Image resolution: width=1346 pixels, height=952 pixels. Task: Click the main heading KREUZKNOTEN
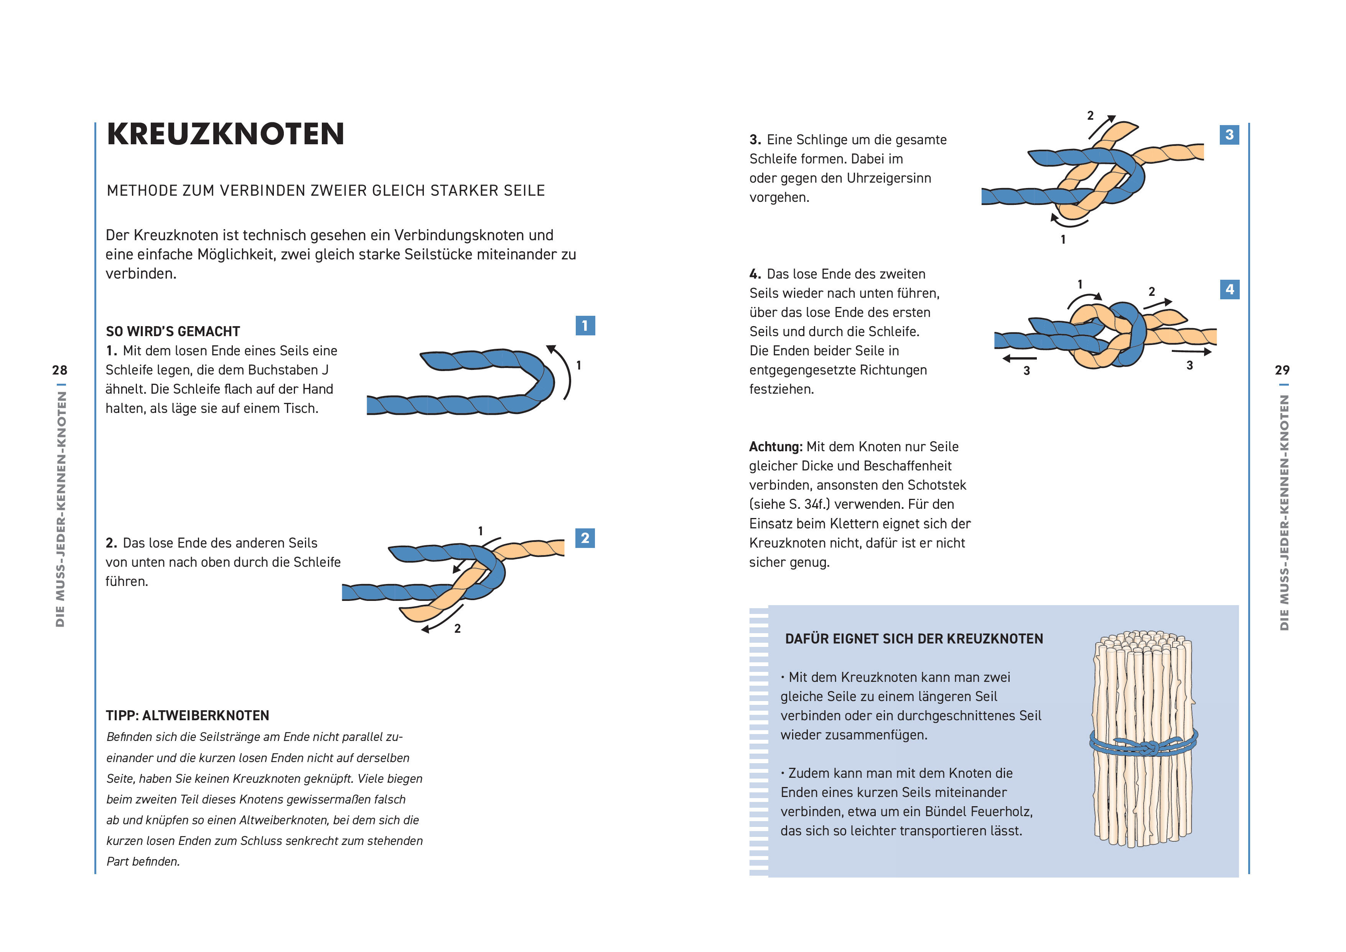(x=225, y=134)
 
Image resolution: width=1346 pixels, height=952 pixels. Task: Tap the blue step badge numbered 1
(x=585, y=325)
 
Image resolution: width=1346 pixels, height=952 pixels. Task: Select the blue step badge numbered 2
(x=585, y=538)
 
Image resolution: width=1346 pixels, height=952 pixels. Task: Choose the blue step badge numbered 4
(x=1229, y=289)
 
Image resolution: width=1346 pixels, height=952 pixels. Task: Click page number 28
(x=60, y=370)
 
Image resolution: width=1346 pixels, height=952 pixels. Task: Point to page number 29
(x=1282, y=370)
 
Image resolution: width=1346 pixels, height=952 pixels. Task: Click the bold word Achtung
(x=775, y=447)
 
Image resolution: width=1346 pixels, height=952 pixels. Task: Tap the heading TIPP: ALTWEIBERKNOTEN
(x=187, y=716)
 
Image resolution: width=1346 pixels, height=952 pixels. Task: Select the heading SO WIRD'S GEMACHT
(x=173, y=332)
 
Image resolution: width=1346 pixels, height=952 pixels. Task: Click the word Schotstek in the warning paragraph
(x=936, y=485)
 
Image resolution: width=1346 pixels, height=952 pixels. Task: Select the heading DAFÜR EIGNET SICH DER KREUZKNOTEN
(x=913, y=639)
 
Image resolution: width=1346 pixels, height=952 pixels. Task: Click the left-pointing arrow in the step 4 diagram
(x=1019, y=358)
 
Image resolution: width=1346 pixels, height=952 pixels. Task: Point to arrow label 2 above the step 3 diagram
(x=1091, y=115)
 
